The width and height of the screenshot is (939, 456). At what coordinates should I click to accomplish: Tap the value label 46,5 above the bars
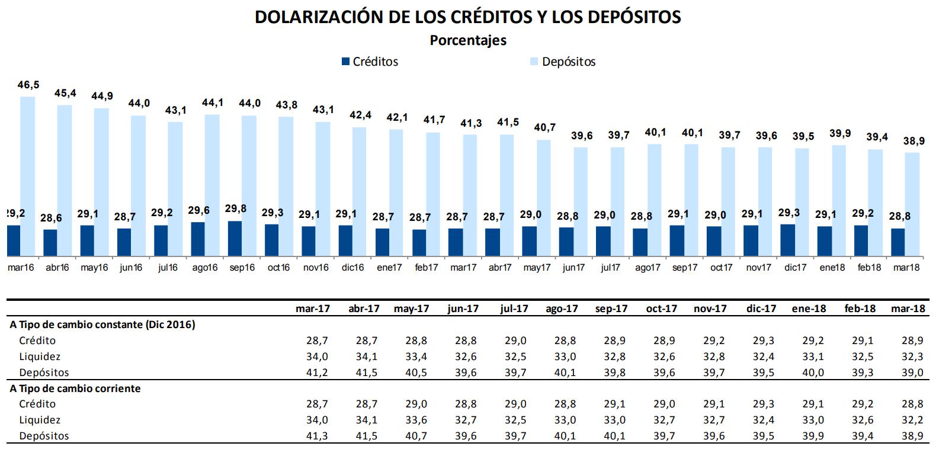click(28, 85)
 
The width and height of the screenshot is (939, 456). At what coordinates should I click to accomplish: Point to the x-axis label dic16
click(352, 268)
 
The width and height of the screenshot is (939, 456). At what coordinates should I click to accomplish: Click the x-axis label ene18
click(832, 268)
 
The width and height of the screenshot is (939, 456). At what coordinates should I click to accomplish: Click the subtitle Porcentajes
click(468, 40)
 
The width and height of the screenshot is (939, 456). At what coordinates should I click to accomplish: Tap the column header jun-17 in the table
click(463, 309)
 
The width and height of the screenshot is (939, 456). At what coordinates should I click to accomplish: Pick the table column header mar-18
click(908, 309)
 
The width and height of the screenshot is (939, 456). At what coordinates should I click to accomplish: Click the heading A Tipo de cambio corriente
click(75, 388)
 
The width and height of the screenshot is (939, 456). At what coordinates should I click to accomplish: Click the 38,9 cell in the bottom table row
click(912, 436)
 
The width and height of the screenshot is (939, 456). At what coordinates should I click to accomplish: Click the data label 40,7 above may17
click(544, 127)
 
